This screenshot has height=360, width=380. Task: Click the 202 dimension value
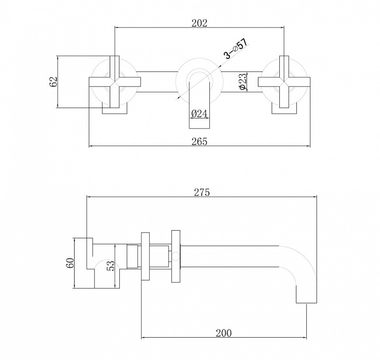pyautogui.click(x=199, y=23)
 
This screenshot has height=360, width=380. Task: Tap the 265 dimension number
pyautogui.click(x=199, y=142)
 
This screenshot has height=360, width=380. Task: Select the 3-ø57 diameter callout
pyautogui.click(x=236, y=49)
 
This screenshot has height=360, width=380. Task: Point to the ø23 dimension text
pyautogui.click(x=243, y=81)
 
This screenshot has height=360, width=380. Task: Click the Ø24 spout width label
pyautogui.click(x=199, y=114)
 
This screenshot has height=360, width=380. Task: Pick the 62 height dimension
pyautogui.click(x=53, y=81)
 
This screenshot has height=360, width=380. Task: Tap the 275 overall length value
pyautogui.click(x=201, y=193)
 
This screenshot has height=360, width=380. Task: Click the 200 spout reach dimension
pyautogui.click(x=224, y=333)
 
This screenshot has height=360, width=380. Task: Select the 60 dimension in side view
pyautogui.click(x=70, y=263)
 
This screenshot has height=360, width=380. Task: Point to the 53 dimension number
pyautogui.click(x=110, y=265)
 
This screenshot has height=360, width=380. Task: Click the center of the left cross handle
pyautogui.click(x=114, y=82)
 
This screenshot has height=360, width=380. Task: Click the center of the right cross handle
pyautogui.click(x=284, y=82)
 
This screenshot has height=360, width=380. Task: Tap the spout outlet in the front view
pyautogui.click(x=199, y=105)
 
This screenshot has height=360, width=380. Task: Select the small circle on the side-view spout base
pyautogui.click(x=176, y=256)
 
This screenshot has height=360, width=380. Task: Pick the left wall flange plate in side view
pyautogui.click(x=145, y=256)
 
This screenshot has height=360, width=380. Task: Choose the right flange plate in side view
pyautogui.click(x=176, y=256)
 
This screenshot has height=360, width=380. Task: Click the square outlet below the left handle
pyautogui.click(x=114, y=108)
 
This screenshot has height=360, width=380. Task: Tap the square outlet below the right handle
pyautogui.click(x=284, y=108)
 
